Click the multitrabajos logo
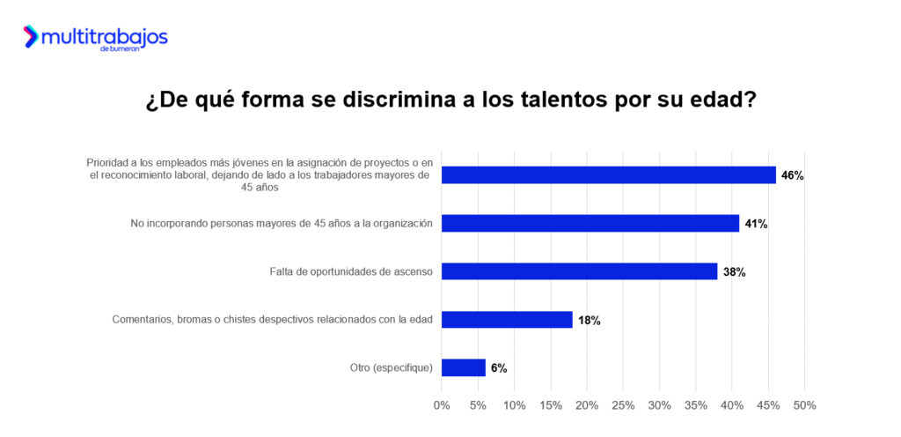coord(95,38)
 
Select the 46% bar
coord(608,175)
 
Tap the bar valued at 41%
coord(590,224)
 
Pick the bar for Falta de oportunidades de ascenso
coord(579,271)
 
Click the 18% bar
coord(506,320)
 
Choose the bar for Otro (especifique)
coord(463,367)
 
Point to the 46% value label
coord(792,175)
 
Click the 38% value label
coord(734,272)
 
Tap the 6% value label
coord(499,368)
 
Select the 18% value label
coord(589,321)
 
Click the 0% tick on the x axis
coord(442,405)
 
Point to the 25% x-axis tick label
coord(623,405)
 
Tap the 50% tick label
coord(804,405)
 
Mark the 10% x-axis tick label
coord(514,405)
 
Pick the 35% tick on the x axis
coord(695,405)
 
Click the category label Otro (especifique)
coord(390,367)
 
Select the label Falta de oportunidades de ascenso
coord(351,271)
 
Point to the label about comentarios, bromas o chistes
coord(272,320)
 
